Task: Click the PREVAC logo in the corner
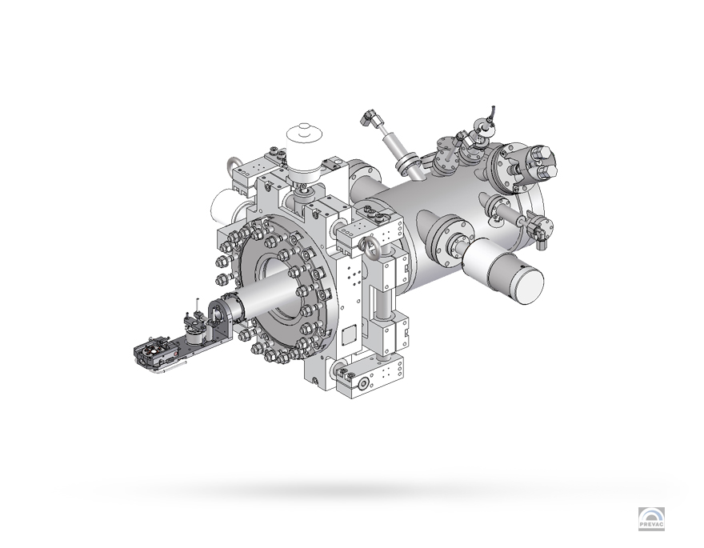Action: click(651, 518)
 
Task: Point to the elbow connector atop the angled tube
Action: click(370, 119)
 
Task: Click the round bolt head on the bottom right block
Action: click(363, 385)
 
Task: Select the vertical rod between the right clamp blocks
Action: click(381, 304)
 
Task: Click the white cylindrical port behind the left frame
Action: click(219, 210)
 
